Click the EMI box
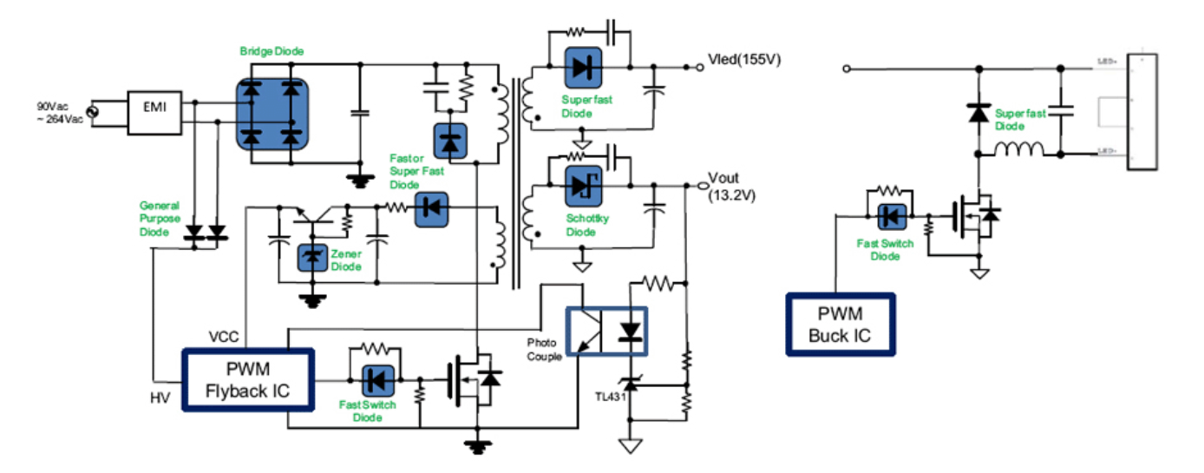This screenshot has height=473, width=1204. (x=156, y=112)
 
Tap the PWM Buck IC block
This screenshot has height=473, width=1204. (x=840, y=324)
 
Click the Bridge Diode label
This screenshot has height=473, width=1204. (x=272, y=52)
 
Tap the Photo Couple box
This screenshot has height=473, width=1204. (x=606, y=331)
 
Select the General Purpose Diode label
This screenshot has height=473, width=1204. (x=160, y=219)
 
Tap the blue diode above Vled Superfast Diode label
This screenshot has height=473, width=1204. (x=582, y=65)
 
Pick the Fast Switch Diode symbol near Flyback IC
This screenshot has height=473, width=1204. (x=376, y=380)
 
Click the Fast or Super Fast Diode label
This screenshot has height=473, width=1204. (x=416, y=171)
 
